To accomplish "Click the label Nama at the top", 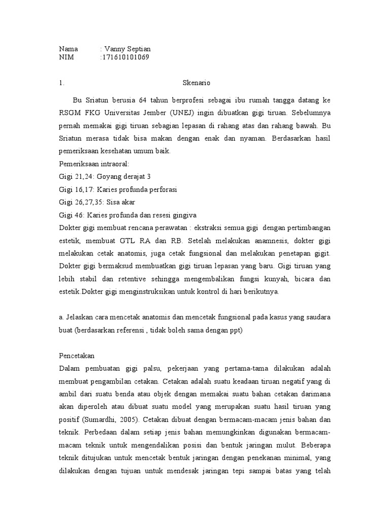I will pyautogui.click(x=69, y=49).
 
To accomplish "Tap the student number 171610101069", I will pyautogui.click(x=125, y=57).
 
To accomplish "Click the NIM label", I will pyautogui.click(x=67, y=57).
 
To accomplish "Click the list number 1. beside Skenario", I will pyautogui.click(x=61, y=83).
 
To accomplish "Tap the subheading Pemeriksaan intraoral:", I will pyautogui.click(x=94, y=164).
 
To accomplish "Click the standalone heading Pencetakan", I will pyautogui.click(x=77, y=356).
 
